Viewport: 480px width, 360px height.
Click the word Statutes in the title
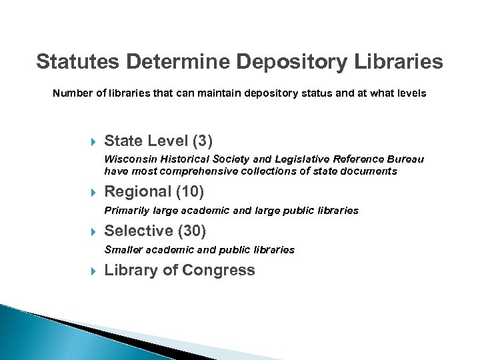coord(75,62)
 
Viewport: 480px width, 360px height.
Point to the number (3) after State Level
coord(202,141)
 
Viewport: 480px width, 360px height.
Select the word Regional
coord(138,192)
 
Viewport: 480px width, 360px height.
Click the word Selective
coord(139,231)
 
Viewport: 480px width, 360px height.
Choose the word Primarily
coord(127,211)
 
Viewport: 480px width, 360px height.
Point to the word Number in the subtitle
coord(69,94)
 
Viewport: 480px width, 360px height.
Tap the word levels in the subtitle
coord(409,94)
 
